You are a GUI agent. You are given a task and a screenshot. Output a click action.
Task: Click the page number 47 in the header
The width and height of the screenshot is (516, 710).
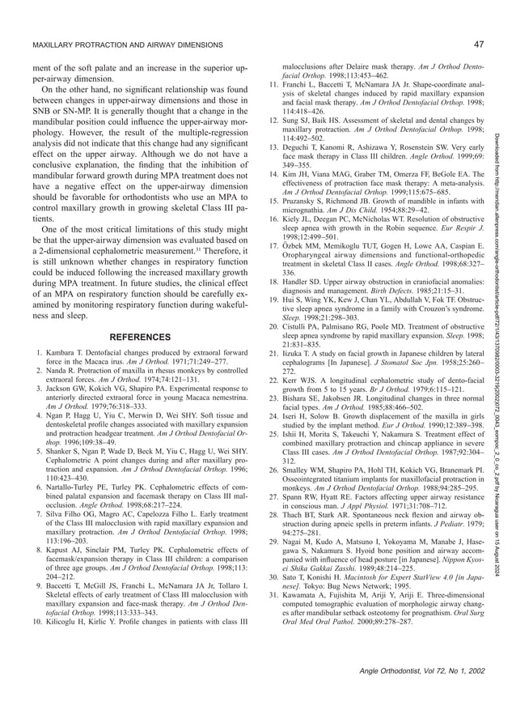479,43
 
